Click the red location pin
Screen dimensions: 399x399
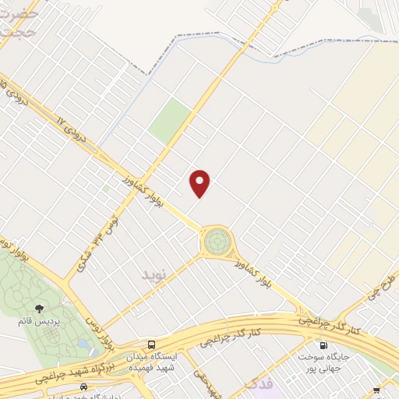[x=200, y=182]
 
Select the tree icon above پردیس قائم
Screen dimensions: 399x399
[x=39, y=309]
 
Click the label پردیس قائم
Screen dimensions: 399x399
[x=37, y=321]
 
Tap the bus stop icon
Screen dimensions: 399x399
[x=151, y=344]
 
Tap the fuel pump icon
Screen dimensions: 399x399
[x=322, y=345]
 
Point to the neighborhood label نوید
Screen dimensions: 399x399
[x=154, y=275]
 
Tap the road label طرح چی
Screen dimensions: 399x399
[x=380, y=287]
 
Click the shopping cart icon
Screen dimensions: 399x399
[x=377, y=390]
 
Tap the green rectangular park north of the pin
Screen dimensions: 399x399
[x=171, y=121]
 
